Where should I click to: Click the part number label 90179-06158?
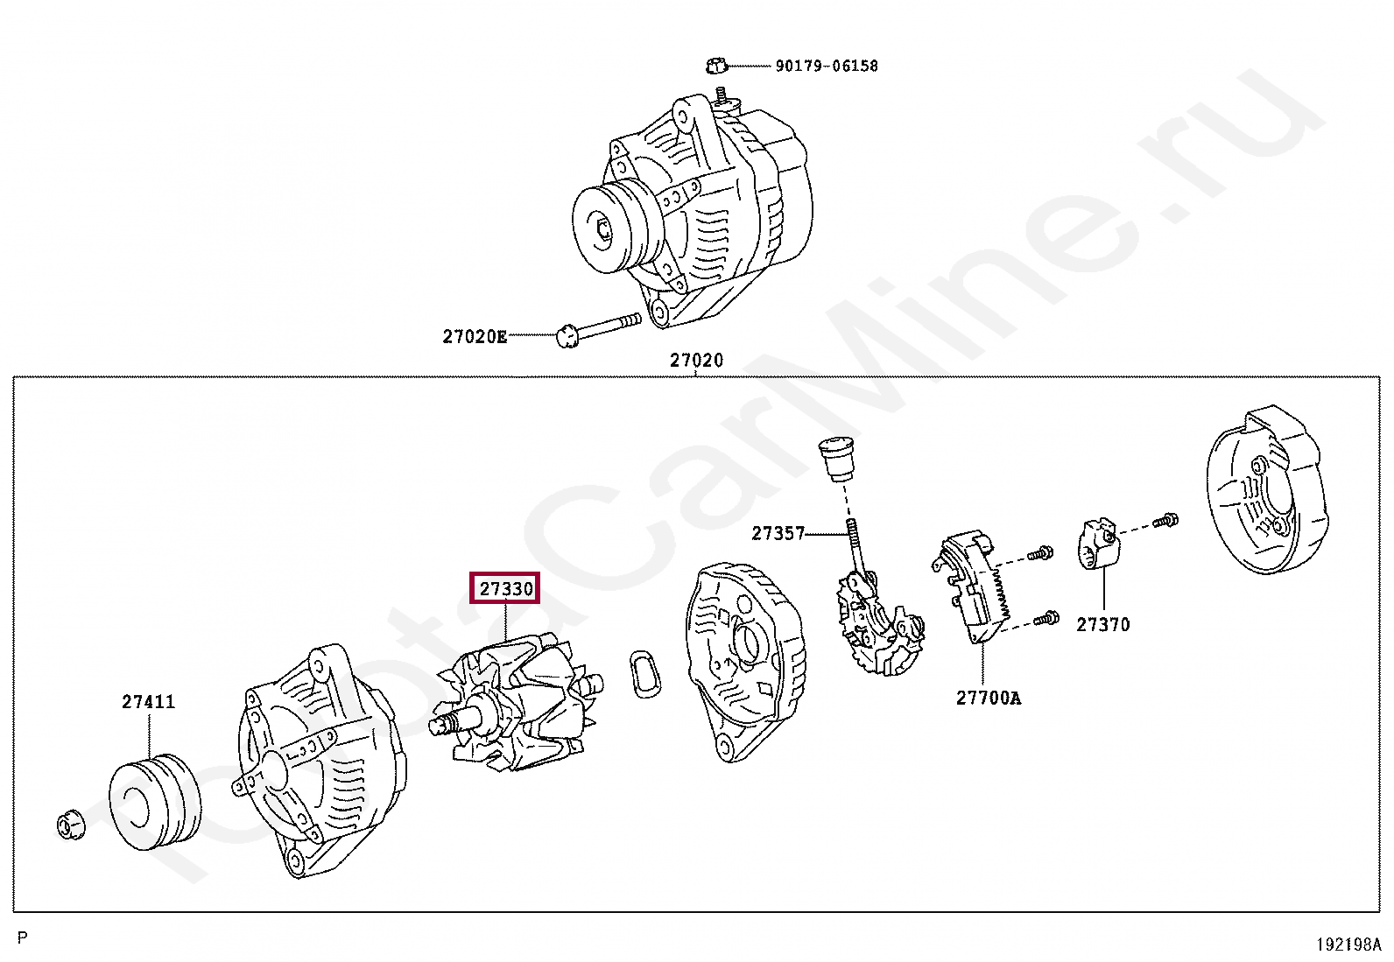coord(826,66)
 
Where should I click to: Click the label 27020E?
coord(474,336)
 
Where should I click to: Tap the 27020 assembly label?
coord(696,360)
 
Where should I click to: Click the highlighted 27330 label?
coord(505,589)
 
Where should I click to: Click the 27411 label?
coord(148,701)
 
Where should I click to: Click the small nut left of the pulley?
coord(69,825)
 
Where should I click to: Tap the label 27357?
coord(778,533)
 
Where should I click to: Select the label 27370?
coord(1102,624)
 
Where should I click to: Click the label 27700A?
coord(988,698)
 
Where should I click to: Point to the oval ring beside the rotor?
coord(645,675)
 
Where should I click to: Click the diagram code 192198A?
coord(1348,944)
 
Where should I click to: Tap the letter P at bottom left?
coord(23,938)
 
